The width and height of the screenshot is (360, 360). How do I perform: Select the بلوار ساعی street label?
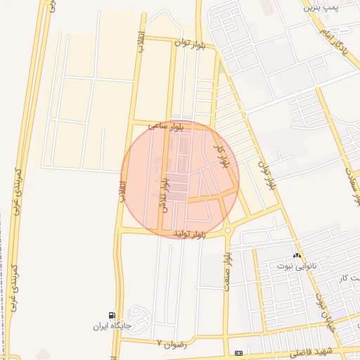tap(166, 124)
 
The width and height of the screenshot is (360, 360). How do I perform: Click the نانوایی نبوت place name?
tap(296, 265)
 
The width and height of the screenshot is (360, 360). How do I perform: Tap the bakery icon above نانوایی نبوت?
tap(297, 255)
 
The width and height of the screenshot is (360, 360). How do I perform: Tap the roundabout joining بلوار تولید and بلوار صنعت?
tap(228, 229)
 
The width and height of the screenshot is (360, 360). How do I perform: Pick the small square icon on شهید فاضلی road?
tap(238, 352)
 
